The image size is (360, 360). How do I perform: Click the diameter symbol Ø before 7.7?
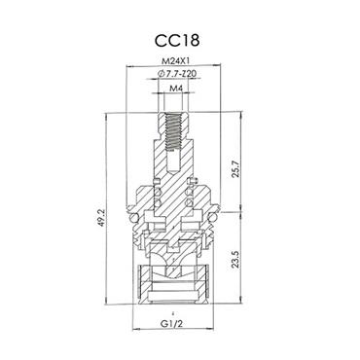tap(159, 75)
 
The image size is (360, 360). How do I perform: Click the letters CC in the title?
tap(167, 43)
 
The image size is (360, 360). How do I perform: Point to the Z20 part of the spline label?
tap(190, 75)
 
